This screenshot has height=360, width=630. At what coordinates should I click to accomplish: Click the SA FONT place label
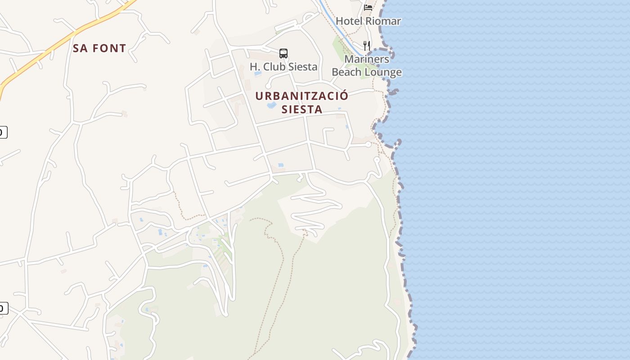[99, 48]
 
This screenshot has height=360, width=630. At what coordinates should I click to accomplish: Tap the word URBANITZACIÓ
[301, 96]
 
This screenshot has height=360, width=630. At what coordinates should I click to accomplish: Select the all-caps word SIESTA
[302, 109]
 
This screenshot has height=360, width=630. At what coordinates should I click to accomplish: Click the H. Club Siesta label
[283, 67]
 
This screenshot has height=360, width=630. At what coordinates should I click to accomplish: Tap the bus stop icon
[283, 54]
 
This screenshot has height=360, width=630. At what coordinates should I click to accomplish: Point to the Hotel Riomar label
[368, 21]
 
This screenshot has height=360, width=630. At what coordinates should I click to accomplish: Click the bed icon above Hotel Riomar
[368, 7]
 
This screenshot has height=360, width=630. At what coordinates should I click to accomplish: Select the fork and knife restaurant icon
[367, 45]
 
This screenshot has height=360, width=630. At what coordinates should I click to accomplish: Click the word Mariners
[367, 59]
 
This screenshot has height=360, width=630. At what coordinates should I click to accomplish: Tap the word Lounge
[383, 72]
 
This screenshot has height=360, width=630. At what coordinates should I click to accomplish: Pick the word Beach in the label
[347, 72]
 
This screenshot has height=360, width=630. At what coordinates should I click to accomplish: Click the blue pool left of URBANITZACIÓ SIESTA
[271, 105]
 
